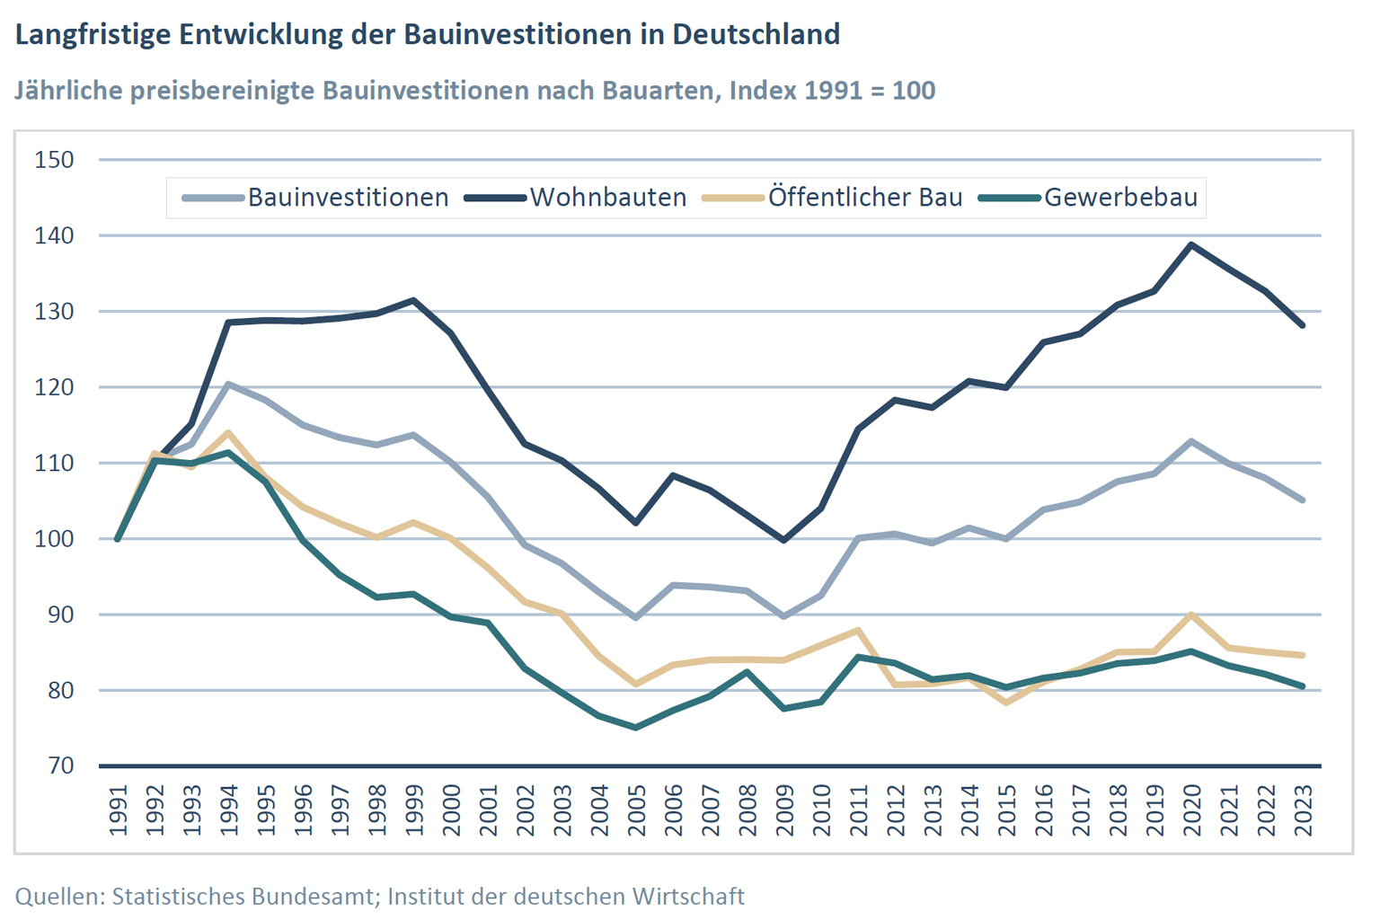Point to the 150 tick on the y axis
[54, 160]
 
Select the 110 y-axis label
[54, 464]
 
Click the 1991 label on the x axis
[118, 810]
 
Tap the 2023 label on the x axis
[1303, 810]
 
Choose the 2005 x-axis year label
[636, 810]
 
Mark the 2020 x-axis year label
[1191, 810]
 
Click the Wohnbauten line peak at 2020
[1191, 244]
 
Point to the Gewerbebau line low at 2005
[636, 728]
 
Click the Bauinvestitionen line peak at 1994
[229, 385]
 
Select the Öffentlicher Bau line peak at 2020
[1191, 615]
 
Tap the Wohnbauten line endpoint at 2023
[1303, 325]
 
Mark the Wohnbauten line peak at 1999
[413, 300]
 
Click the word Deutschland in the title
[756, 34]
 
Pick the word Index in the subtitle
[762, 91]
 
